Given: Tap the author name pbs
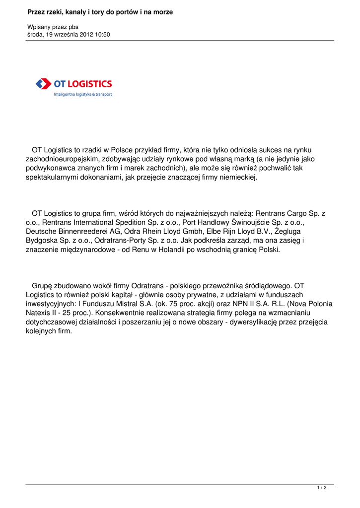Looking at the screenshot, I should coord(72,27).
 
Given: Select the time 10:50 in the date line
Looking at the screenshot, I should coord(102,35).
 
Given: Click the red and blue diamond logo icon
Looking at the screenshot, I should coord(44,84).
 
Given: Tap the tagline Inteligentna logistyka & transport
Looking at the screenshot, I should coord(83,94).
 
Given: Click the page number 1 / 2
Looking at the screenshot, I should coord(322,488).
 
